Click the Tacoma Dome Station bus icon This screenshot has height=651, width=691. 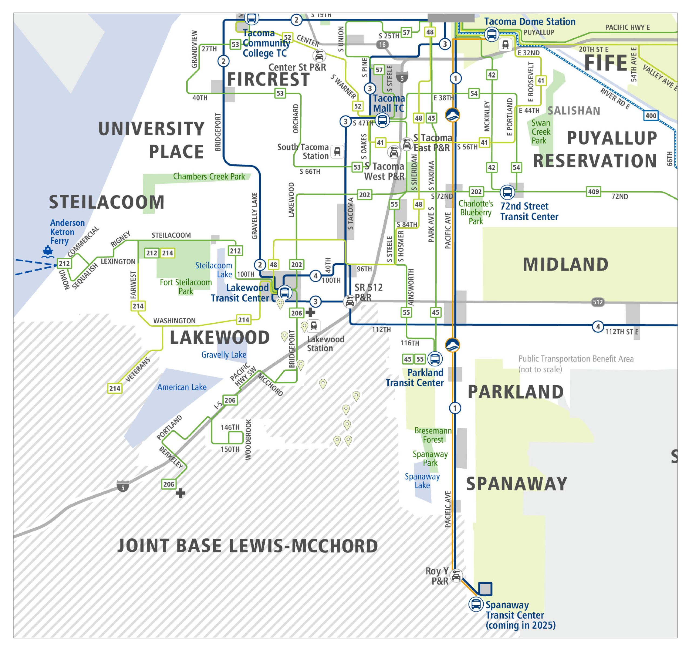(x=492, y=34)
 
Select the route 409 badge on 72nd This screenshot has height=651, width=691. (x=593, y=192)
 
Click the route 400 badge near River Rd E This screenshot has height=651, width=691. (x=651, y=116)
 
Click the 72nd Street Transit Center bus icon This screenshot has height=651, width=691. (x=507, y=192)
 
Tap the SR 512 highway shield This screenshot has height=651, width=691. (x=598, y=302)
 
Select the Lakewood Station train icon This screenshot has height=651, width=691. (x=314, y=326)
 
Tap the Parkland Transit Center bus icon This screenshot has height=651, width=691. (x=435, y=359)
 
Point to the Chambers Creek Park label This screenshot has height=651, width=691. (x=209, y=176)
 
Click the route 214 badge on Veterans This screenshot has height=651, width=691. (x=115, y=389)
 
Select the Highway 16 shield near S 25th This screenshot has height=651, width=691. (x=382, y=45)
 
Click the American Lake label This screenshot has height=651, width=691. (x=181, y=387)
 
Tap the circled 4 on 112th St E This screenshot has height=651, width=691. (x=598, y=326)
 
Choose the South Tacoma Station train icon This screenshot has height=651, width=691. (x=337, y=151)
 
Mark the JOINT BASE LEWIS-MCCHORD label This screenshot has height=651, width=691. (x=248, y=546)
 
